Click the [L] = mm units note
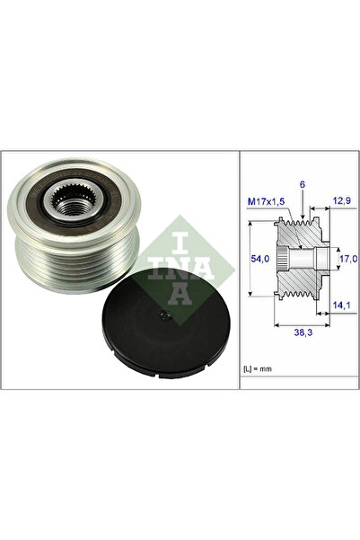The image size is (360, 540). coord(260,368)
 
